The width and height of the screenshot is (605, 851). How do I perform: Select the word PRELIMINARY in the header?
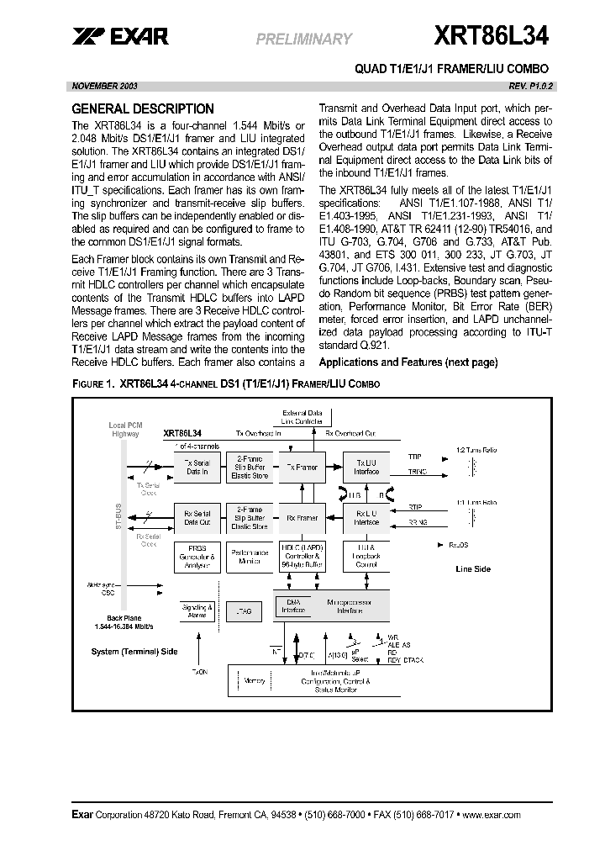coord(303,39)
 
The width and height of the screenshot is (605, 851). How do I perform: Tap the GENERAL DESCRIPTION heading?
coord(143,108)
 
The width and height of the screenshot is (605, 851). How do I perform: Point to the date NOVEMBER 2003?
coord(105,86)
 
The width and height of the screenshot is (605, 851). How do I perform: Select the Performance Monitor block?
coord(249,557)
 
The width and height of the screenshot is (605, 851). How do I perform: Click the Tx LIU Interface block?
coord(366,466)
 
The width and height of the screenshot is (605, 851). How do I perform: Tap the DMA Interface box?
coord(294,606)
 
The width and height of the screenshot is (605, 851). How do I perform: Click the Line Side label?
coord(472,568)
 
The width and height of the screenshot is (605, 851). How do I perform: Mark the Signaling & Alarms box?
coord(198,610)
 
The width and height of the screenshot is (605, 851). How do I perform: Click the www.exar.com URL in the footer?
coord(491,815)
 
